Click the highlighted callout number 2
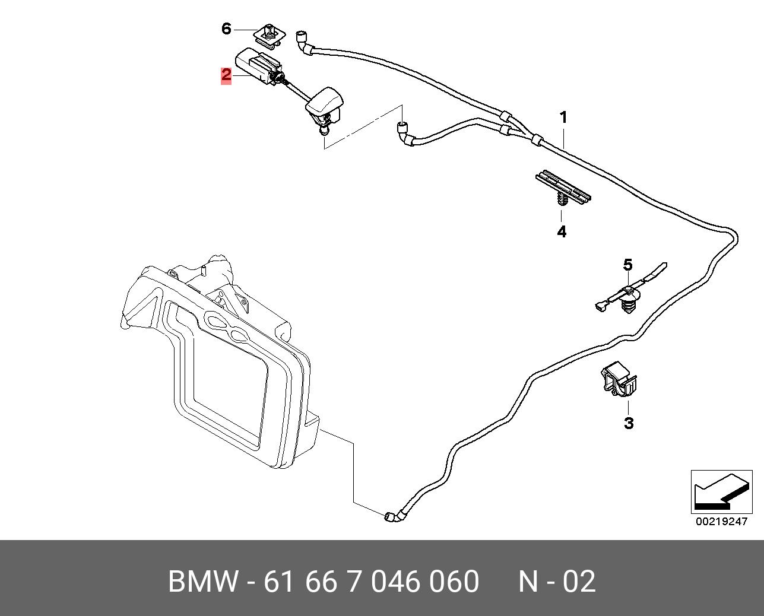[226, 75]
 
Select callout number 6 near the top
[226, 28]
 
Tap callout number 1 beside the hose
[563, 118]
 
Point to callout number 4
[562, 231]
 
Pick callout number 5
[627, 265]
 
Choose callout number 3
[628, 423]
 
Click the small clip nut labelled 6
[268, 35]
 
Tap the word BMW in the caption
[204, 582]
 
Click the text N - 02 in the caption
[556, 582]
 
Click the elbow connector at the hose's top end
[303, 42]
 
